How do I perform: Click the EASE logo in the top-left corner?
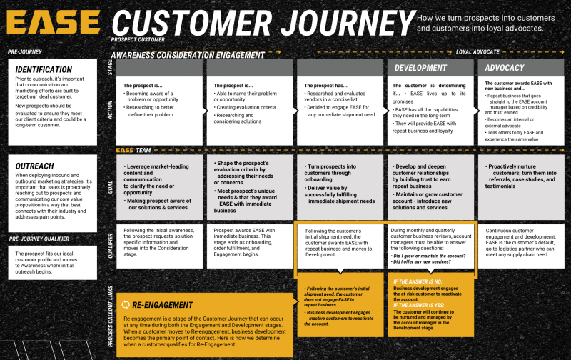(54, 23)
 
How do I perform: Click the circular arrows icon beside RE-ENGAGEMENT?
(126, 304)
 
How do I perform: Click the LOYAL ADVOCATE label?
(477, 52)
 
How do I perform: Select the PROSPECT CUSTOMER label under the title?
(138, 40)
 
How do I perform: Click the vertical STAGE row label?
(110, 67)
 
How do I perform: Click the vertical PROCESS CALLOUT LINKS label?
(110, 315)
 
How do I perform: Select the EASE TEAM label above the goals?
(135, 151)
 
